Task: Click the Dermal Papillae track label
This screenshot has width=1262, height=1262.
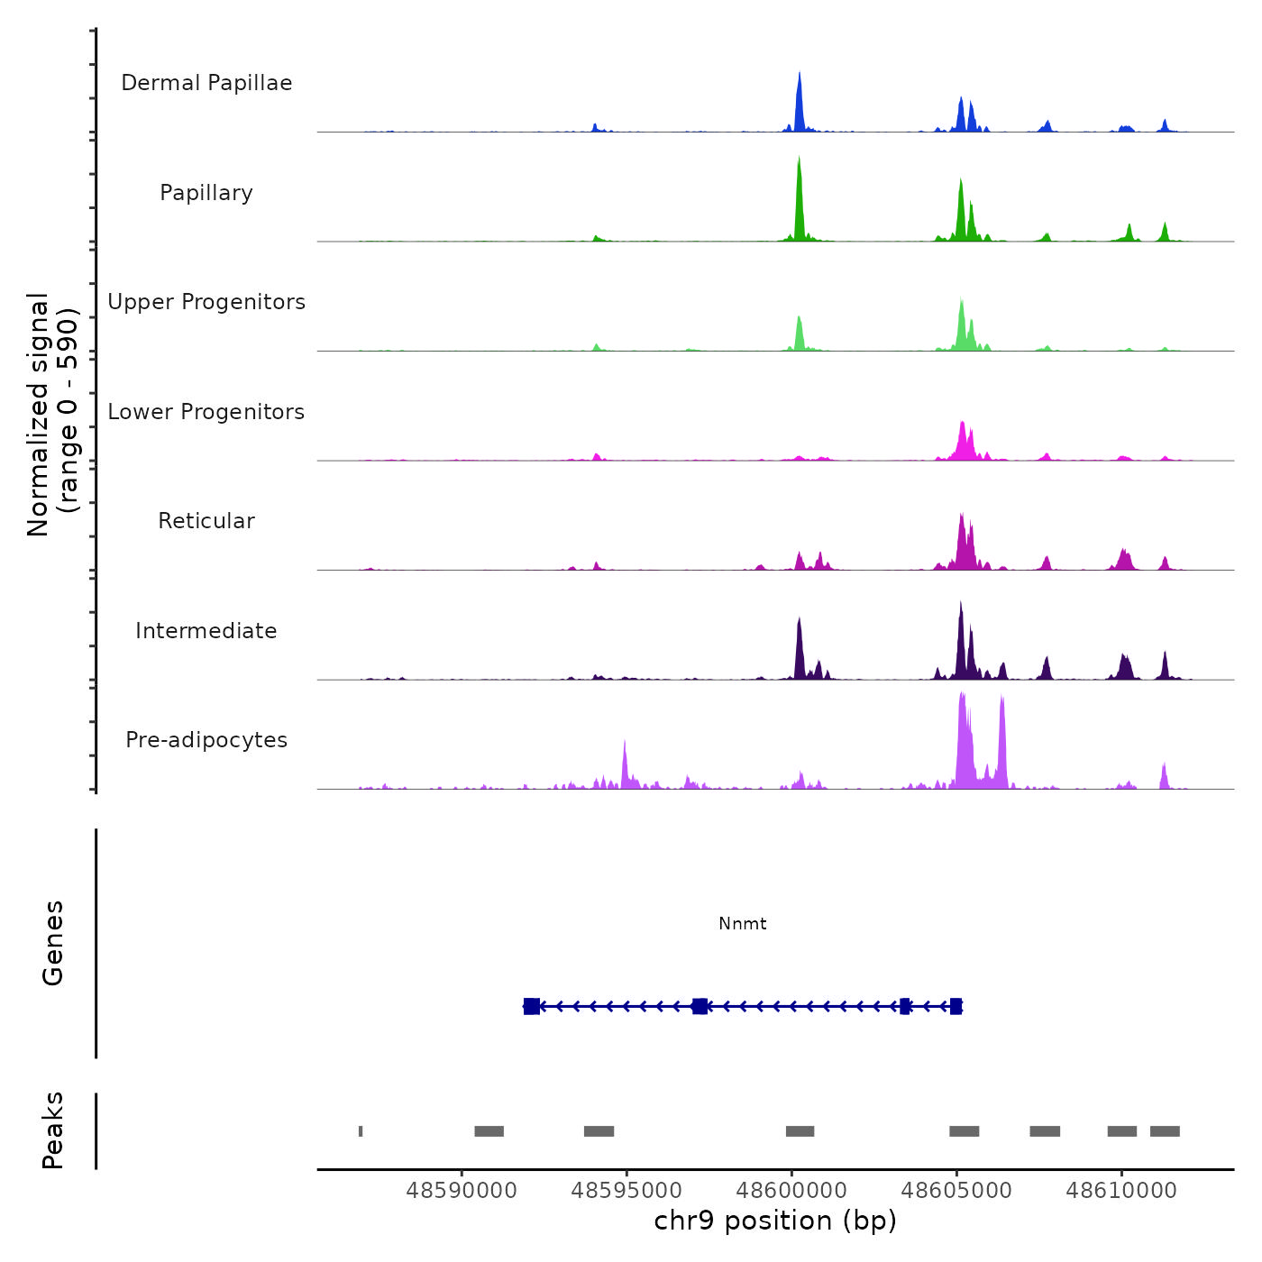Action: (x=206, y=83)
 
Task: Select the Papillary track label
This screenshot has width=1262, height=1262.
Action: (x=206, y=193)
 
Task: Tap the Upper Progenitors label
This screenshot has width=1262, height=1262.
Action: (x=206, y=302)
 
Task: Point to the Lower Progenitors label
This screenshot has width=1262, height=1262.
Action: (x=206, y=412)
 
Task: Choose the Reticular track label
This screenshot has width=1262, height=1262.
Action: (x=206, y=521)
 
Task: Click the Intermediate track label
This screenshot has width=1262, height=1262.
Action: (x=206, y=631)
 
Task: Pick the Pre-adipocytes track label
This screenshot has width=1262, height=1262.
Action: (x=206, y=740)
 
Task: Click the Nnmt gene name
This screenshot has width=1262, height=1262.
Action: (x=743, y=923)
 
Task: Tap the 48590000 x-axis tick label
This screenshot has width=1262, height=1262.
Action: (x=462, y=1191)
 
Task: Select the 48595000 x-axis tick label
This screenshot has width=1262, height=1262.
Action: (x=626, y=1191)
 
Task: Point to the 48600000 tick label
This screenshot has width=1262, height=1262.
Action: (x=791, y=1191)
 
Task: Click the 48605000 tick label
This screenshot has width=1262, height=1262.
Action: (x=956, y=1191)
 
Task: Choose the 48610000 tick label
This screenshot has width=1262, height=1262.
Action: (x=1121, y=1191)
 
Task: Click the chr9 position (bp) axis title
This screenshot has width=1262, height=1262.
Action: (x=775, y=1221)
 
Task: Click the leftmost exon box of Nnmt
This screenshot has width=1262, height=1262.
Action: (x=532, y=1006)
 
